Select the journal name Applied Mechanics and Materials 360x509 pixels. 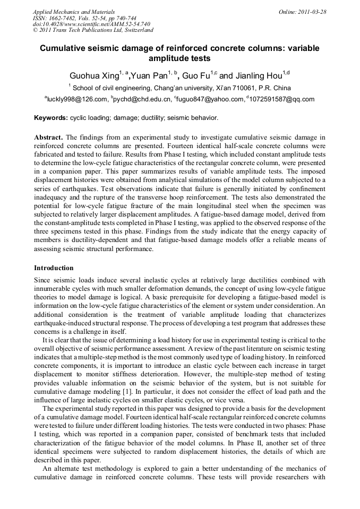(x=73, y=12)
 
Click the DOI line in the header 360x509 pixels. (x=91, y=24)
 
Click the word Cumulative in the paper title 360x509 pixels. (x=67, y=48)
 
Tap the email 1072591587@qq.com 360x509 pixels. (x=282, y=99)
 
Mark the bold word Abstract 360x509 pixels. (x=48, y=137)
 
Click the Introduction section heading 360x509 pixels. (x=54, y=268)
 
